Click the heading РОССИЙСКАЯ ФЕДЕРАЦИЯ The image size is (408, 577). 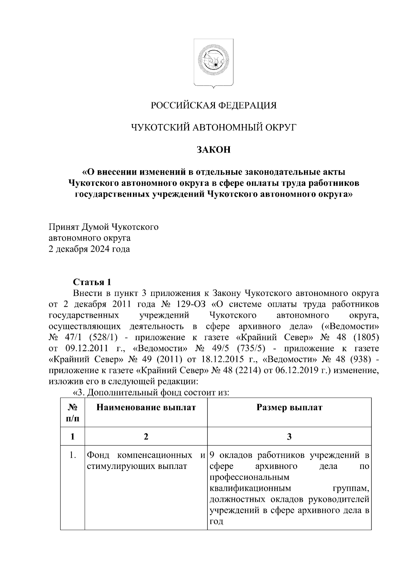click(x=214, y=105)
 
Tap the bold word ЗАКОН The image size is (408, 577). click(x=214, y=150)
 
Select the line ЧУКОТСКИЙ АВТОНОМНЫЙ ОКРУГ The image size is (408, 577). click(x=214, y=127)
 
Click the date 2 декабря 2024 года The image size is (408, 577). click(x=89, y=249)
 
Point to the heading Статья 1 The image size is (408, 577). click(x=92, y=282)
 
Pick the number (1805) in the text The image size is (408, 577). click(x=362, y=337)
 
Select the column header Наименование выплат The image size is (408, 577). click(x=146, y=407)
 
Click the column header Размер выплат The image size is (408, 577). click(x=289, y=407)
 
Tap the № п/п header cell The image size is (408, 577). click(x=72, y=413)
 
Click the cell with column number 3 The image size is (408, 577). click(x=289, y=437)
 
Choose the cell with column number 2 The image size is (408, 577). click(x=146, y=437)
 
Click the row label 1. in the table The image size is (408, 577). click(x=72, y=455)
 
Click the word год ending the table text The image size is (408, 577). click(x=216, y=522)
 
